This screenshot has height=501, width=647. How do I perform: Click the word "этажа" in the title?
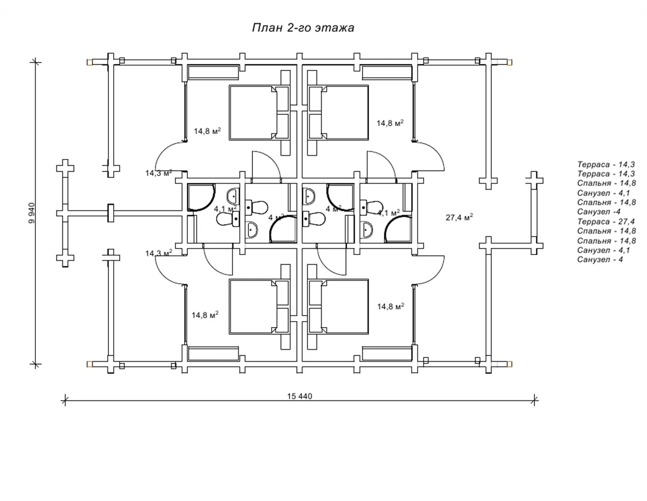point(335,28)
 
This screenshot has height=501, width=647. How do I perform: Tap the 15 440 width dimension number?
point(299,396)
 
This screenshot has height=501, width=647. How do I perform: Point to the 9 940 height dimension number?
point(32,213)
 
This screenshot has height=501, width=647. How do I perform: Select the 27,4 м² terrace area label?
point(460,217)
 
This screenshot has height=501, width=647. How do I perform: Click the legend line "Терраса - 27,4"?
point(606,221)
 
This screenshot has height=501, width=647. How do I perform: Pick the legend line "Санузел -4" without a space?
point(599,212)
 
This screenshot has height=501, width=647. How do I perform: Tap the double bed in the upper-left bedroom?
point(259,112)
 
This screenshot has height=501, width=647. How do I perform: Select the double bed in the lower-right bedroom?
point(338,307)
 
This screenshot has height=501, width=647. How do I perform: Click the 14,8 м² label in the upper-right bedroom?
point(390,123)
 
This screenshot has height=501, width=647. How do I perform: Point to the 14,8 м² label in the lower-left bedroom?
point(205,315)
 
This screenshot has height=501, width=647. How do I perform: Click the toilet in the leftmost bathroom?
point(228,219)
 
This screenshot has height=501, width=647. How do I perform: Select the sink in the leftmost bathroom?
point(233,196)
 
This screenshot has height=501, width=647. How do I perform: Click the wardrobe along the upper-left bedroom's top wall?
point(213,73)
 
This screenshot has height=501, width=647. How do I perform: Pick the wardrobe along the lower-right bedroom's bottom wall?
point(387,354)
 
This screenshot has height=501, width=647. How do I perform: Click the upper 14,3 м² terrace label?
point(159,173)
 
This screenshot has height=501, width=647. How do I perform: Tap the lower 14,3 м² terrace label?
point(159,253)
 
